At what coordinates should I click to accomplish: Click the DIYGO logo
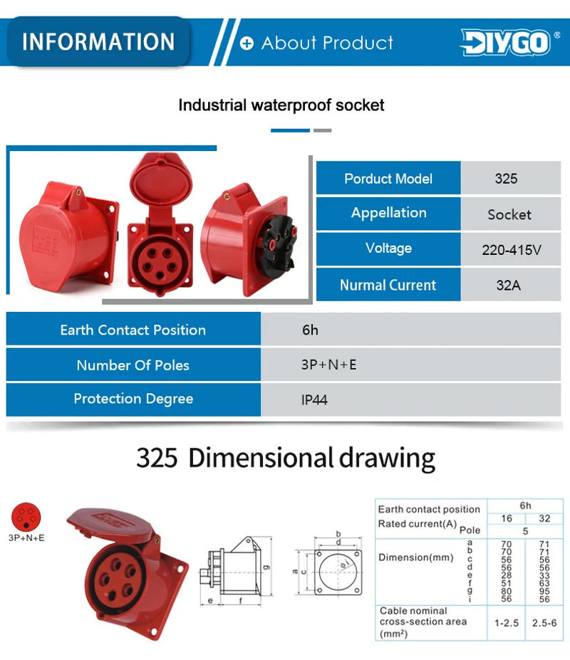(505, 42)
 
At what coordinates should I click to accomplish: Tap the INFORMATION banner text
(98, 41)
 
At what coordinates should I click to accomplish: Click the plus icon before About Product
(247, 44)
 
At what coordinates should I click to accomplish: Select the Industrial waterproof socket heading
(281, 105)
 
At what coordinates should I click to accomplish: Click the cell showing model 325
(506, 179)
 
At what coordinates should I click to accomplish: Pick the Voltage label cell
(388, 248)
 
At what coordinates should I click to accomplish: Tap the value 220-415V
(512, 250)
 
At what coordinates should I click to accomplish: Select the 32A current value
(508, 285)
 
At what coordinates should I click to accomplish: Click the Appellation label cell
(388, 213)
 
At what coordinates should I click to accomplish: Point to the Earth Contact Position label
(133, 330)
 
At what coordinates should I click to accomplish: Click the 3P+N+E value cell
(328, 365)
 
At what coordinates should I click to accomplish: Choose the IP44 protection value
(314, 399)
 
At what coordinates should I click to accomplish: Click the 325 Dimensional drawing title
(285, 457)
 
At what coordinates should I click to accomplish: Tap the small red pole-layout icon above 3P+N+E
(26, 516)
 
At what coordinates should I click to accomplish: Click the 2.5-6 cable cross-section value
(544, 623)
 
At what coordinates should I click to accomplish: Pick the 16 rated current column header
(506, 518)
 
